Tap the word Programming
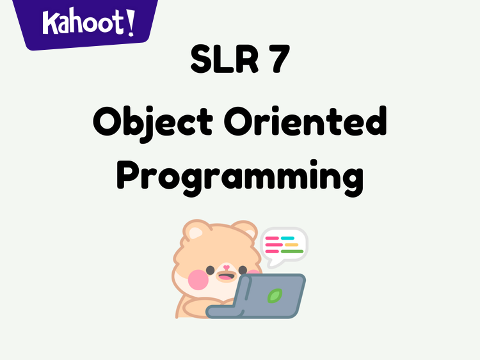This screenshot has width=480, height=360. [x=240, y=175]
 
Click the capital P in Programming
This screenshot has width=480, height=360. [x=131, y=173]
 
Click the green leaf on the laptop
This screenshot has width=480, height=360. [x=275, y=295]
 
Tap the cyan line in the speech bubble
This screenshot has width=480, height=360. [x=288, y=239]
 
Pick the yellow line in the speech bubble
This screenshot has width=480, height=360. [x=291, y=245]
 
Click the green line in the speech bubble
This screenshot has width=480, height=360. [x=292, y=251]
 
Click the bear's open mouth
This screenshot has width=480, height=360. [x=226, y=277]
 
